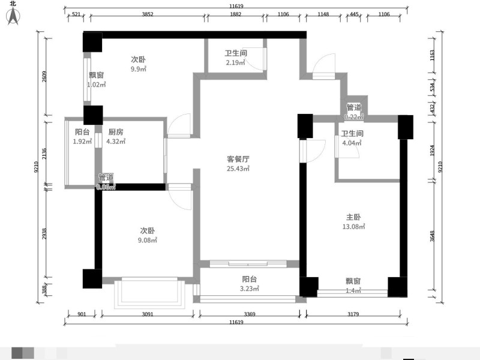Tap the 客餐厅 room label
tap(238, 159)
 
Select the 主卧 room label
tap(353, 217)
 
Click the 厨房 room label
tap(116, 133)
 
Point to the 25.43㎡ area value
tap(238, 169)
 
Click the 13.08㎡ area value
tap(353, 227)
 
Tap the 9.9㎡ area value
tap(139, 69)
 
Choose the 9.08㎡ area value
tap(148, 241)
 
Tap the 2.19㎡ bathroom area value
tap(236, 63)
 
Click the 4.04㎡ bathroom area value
tap(352, 143)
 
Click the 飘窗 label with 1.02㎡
tap(97, 76)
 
